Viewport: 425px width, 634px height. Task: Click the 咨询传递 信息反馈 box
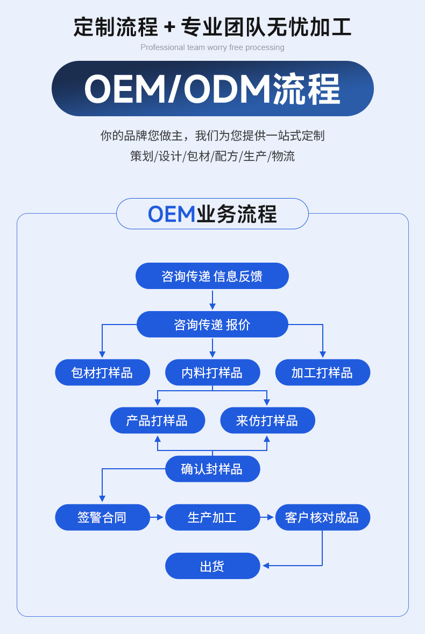[x=212, y=276]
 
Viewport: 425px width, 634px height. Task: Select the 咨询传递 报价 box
[x=212, y=325]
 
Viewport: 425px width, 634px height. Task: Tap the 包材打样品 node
[x=102, y=372]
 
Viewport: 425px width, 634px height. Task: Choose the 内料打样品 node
[x=212, y=372]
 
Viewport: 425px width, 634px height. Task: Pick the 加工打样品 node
[x=322, y=372]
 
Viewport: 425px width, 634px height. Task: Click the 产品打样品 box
[x=157, y=420]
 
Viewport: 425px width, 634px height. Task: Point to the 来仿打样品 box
[x=267, y=420]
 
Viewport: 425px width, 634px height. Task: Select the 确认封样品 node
[x=212, y=469]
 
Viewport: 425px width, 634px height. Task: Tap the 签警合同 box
[x=102, y=517]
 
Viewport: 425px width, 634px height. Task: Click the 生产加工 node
[x=212, y=517]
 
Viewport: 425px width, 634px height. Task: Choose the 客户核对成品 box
[x=322, y=517]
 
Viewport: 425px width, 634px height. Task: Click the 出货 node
[x=212, y=566]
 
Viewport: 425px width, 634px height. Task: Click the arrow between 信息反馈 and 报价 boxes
[x=212, y=300]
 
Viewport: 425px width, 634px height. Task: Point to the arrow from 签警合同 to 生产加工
[x=157, y=517]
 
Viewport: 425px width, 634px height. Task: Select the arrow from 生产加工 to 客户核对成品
[x=267, y=517]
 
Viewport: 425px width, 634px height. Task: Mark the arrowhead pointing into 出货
[x=265, y=566]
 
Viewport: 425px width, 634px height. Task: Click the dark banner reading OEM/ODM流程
[x=212, y=89]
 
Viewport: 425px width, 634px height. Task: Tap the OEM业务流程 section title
[x=212, y=214]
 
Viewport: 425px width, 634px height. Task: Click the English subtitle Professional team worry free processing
[x=212, y=47]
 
